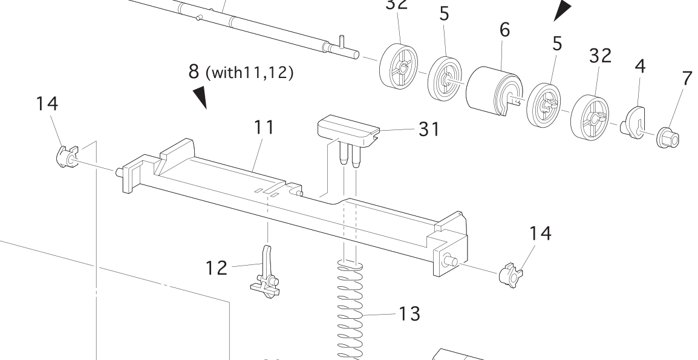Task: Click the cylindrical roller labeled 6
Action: pyautogui.click(x=494, y=90)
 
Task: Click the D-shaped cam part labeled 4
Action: pyautogui.click(x=634, y=120)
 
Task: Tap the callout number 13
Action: pyautogui.click(x=411, y=314)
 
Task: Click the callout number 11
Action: pyautogui.click(x=264, y=127)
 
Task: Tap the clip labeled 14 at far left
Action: pyautogui.click(x=65, y=155)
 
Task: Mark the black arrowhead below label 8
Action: pyautogui.click(x=201, y=97)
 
